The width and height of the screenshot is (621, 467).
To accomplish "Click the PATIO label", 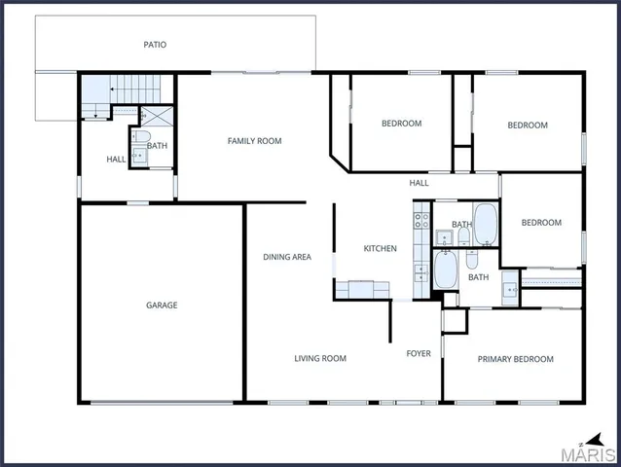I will [x=155, y=44].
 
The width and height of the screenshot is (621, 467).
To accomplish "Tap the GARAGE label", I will [x=162, y=305].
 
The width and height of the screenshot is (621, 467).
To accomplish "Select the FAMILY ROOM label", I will [x=254, y=141].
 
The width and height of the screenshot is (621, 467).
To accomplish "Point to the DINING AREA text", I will [x=287, y=257].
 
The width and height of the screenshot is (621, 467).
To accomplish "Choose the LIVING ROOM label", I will [x=320, y=359].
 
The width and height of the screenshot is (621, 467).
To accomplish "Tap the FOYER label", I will [x=419, y=353].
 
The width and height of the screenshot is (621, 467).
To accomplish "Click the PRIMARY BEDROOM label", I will [x=515, y=359].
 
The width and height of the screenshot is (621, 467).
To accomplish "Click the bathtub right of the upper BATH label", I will [x=486, y=226].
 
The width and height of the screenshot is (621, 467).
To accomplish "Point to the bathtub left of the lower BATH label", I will [x=446, y=269].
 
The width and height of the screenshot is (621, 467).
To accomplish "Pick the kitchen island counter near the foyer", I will [x=362, y=288].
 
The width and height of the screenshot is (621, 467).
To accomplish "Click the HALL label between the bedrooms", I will [x=419, y=183].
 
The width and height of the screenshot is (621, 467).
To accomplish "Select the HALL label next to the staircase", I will [x=116, y=160].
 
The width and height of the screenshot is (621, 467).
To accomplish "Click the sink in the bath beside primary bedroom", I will [x=510, y=289].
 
